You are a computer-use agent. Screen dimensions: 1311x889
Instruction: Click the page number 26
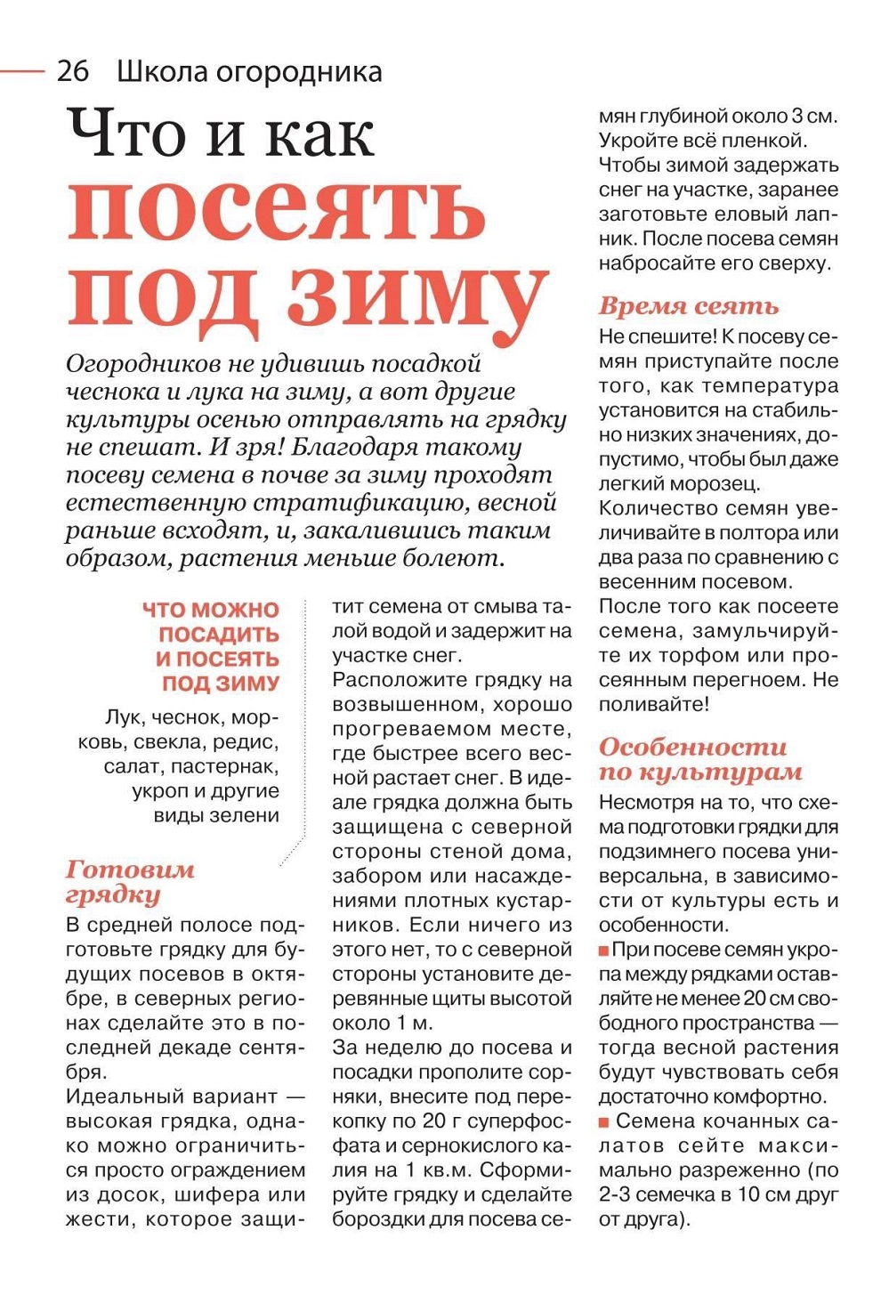[73, 71]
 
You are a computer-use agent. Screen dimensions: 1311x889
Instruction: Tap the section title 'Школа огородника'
[249, 71]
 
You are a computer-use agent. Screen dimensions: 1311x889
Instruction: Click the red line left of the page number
[22, 70]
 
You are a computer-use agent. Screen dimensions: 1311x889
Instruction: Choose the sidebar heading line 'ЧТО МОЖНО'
[211, 610]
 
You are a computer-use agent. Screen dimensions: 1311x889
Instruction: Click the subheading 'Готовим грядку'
[129, 881]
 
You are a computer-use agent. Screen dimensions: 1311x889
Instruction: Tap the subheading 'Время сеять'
[688, 306]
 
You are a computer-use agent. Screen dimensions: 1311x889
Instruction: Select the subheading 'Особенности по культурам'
[699, 758]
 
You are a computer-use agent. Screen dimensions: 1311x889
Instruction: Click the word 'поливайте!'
[654, 704]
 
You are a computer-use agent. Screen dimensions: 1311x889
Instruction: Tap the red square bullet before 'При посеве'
[603, 951]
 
